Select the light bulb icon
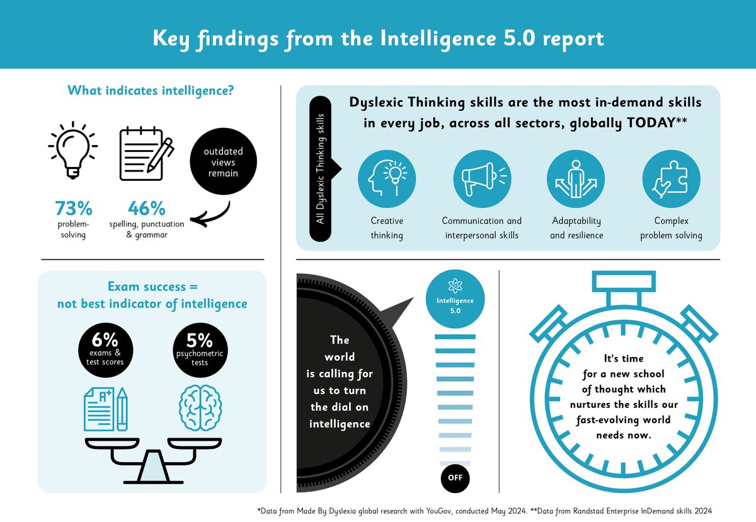72,151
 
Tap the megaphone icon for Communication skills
481,180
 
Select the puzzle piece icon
670,180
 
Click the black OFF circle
455,477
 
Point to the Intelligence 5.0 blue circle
455,301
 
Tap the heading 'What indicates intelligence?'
151,91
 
